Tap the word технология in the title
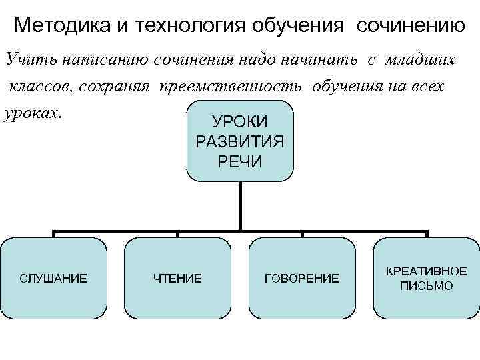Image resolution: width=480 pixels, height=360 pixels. [x=178, y=26]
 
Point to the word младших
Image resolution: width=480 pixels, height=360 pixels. [x=421, y=60]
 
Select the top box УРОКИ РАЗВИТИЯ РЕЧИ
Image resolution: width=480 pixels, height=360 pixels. [x=239, y=141]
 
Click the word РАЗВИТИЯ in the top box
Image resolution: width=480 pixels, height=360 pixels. [x=239, y=141]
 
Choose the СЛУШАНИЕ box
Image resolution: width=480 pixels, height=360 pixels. [x=53, y=278]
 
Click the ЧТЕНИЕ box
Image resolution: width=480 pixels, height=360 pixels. [x=177, y=278]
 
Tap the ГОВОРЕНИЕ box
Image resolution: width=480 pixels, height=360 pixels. [x=301, y=278]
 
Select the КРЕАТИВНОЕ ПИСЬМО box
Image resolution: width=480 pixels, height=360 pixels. [x=426, y=278]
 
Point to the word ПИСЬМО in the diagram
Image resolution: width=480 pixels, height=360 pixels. [x=426, y=286]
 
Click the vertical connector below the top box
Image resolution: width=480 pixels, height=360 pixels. [x=240, y=207]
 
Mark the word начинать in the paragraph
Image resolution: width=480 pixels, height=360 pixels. [x=330, y=60]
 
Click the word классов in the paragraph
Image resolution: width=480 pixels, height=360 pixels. [x=36, y=87]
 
